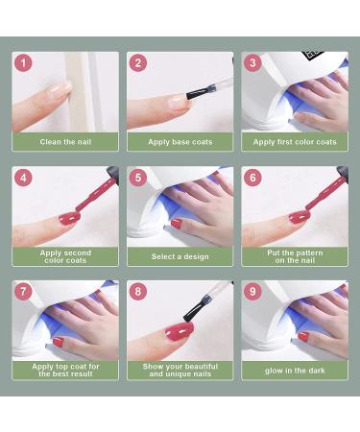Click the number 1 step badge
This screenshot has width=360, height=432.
point(24,62)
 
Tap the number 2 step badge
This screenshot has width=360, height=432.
point(139,62)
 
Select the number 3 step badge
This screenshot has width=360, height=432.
point(253,62)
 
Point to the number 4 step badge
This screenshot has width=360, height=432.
point(24,178)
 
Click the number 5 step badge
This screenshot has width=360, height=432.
point(139,178)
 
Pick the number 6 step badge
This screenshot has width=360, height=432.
point(253,178)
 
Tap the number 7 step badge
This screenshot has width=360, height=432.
point(24,292)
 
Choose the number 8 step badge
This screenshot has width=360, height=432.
point(139,292)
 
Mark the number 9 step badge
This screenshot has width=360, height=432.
point(253,292)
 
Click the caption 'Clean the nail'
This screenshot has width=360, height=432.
point(65,142)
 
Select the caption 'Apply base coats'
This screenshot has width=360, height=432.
point(180,142)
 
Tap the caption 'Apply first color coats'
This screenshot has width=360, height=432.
point(295,142)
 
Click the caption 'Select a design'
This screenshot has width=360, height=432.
point(180,256)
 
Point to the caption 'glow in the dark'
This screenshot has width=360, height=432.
point(295,371)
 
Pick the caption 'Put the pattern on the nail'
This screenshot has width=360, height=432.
point(295,256)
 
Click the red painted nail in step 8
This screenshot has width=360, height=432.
point(180,329)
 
